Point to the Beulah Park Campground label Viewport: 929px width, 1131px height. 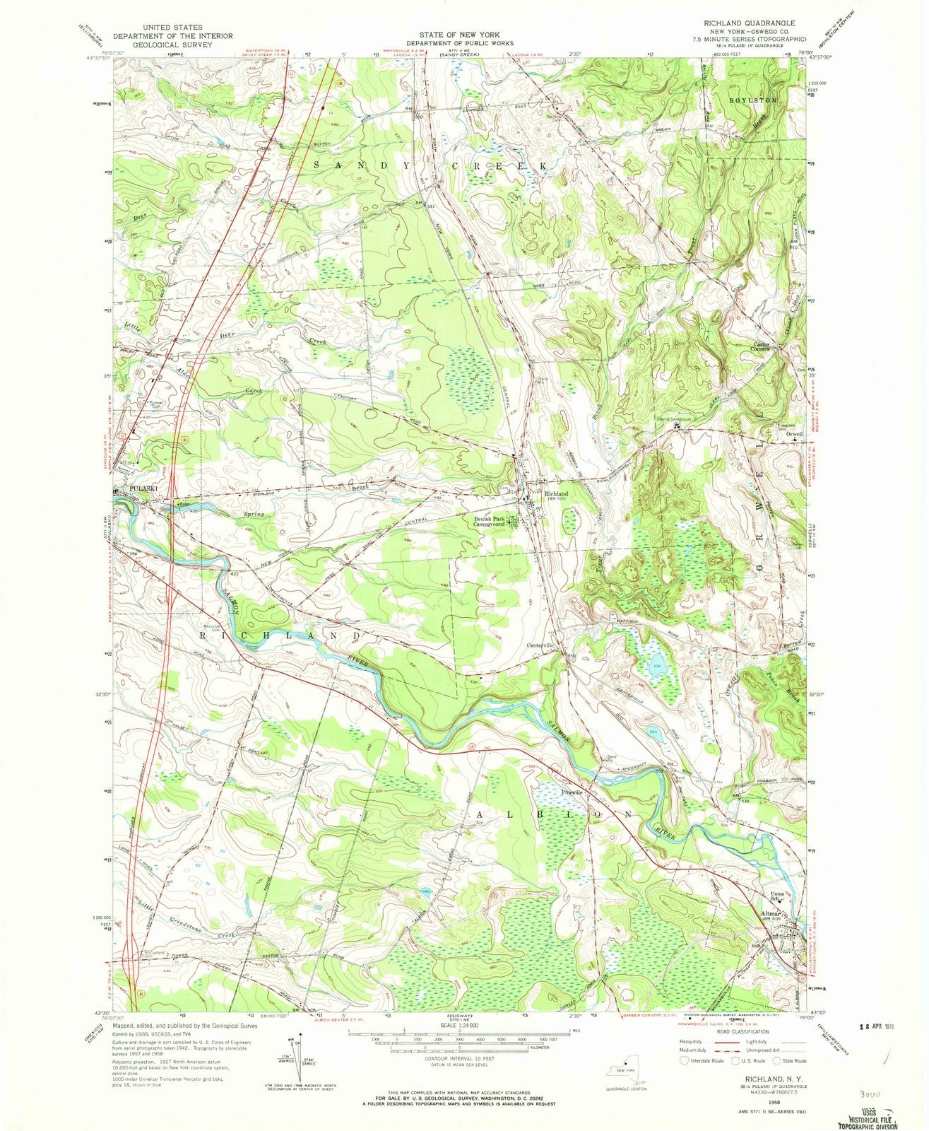pyautogui.click(x=492, y=521)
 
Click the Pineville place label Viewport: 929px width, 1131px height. pyautogui.click(x=572, y=792)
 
